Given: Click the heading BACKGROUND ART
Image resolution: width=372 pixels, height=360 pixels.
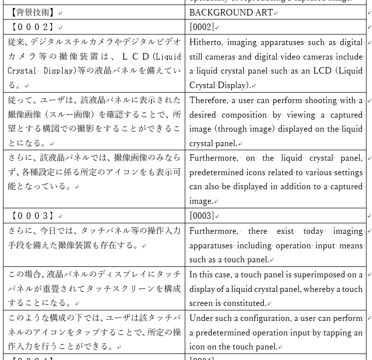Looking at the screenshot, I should click(x=231, y=13).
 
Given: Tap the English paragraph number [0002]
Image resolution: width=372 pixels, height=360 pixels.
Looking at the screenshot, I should click(x=202, y=27).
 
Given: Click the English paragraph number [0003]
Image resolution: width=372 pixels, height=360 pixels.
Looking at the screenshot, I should click(x=202, y=216).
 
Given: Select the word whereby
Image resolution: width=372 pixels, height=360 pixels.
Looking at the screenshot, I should click(x=318, y=289).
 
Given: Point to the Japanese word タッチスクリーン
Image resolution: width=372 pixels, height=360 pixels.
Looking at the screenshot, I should click(x=129, y=288).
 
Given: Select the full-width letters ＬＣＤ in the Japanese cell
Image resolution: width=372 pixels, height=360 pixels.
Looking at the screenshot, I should click(x=136, y=57).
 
